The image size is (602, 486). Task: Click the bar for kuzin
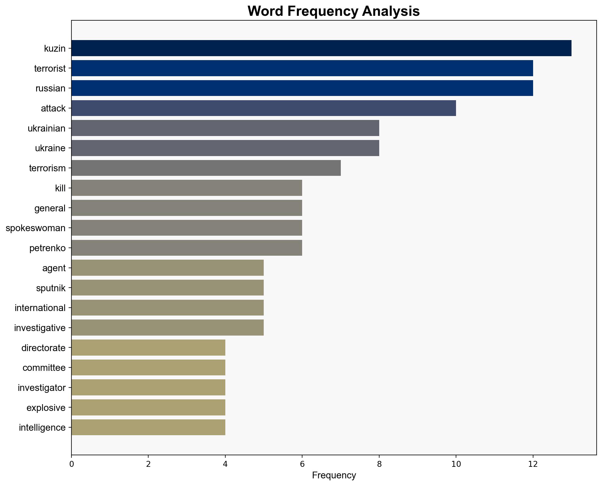click(321, 48)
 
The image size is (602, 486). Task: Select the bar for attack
click(263, 108)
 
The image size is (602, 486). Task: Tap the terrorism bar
click(206, 168)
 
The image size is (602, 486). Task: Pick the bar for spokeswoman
click(187, 228)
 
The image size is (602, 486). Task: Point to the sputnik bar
click(167, 288)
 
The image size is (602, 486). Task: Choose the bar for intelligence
click(148, 427)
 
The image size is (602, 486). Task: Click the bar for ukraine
click(225, 148)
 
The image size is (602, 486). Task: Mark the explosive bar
click(148, 407)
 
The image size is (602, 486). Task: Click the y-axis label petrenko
click(47, 248)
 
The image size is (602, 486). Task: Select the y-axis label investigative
click(40, 328)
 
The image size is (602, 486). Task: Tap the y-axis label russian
click(51, 88)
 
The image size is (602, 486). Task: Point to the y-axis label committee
click(44, 368)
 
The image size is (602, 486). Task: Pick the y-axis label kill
click(60, 188)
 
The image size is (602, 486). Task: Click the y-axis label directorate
click(43, 348)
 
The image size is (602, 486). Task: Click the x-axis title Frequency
click(334, 476)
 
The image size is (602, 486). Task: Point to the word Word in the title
click(265, 11)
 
